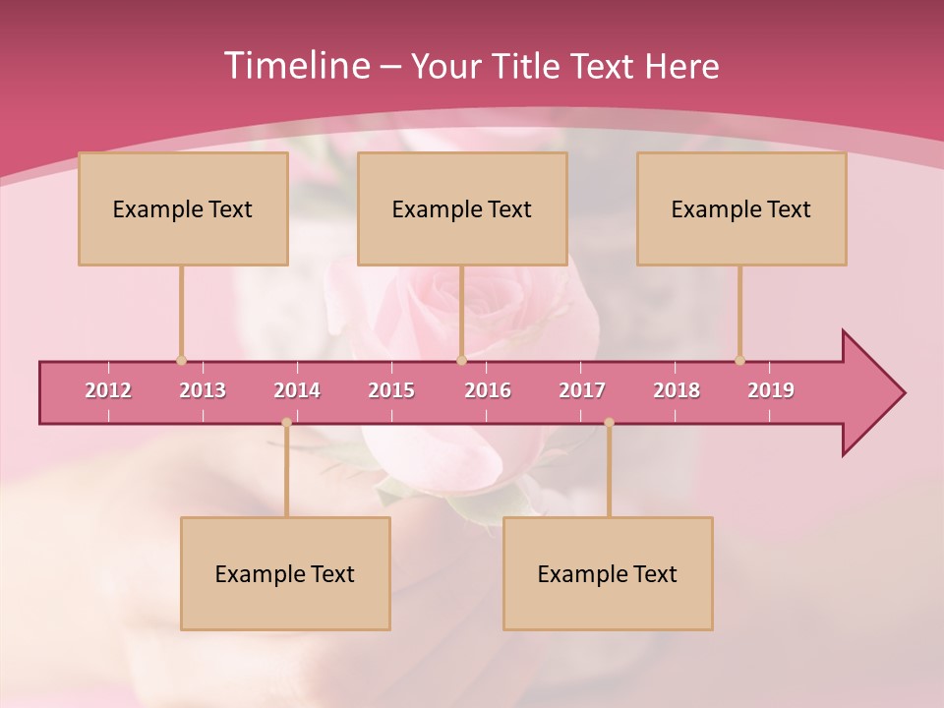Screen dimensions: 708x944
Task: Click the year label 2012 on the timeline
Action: click(108, 390)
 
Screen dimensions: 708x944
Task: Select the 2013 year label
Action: click(203, 390)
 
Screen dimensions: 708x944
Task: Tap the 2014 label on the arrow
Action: click(297, 390)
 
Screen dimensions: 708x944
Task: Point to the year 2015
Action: click(391, 390)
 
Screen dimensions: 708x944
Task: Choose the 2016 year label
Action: click(488, 390)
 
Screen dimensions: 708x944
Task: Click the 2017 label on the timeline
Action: click(582, 390)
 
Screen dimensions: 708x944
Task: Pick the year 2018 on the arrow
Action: click(677, 390)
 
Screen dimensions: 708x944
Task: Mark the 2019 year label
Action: click(771, 390)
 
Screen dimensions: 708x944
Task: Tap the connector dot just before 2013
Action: click(181, 360)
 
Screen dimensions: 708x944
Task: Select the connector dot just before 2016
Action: click(461, 360)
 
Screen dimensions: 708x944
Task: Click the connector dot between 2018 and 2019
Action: click(739, 360)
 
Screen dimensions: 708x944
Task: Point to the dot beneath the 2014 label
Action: click(286, 423)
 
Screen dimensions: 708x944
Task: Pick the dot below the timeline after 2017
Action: click(609, 423)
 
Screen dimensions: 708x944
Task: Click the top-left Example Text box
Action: click(183, 208)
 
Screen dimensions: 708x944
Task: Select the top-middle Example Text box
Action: click(462, 208)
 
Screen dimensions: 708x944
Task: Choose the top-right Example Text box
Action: click(741, 208)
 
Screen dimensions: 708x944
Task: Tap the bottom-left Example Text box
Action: click(285, 573)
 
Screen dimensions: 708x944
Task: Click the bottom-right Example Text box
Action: click(608, 573)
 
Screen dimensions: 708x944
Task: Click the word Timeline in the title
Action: click(296, 66)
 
